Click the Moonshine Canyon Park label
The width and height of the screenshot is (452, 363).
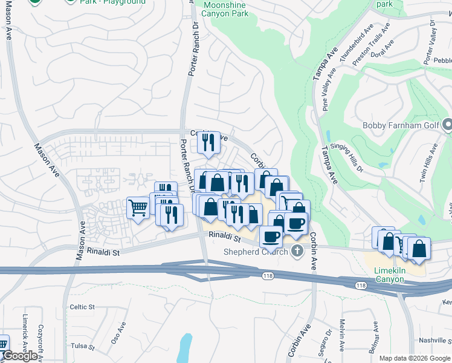click(x=225, y=8)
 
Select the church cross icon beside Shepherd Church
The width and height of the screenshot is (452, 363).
click(x=296, y=251)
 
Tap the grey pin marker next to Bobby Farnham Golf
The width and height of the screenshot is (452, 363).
click(x=447, y=125)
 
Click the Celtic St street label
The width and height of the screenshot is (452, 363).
click(x=82, y=307)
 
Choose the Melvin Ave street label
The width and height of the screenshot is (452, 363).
click(x=342, y=335)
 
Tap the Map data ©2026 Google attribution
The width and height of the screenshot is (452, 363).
click(x=414, y=358)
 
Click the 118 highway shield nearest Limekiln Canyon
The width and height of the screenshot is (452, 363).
click(x=361, y=286)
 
